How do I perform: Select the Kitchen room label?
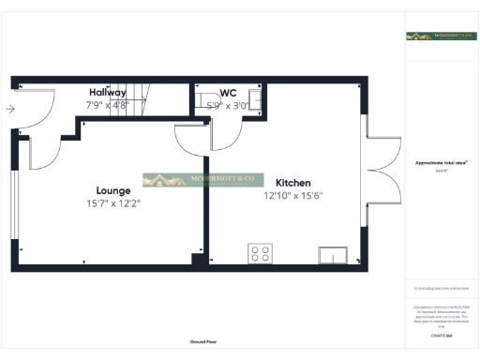coord(293,183)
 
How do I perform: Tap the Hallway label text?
coord(108,93)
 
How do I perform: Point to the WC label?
coord(228,93)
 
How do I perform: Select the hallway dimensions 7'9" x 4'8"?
coord(106,105)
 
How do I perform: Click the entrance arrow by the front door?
coord(9,110)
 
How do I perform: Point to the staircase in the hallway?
coord(139,94)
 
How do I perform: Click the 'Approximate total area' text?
coord(441,162)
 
